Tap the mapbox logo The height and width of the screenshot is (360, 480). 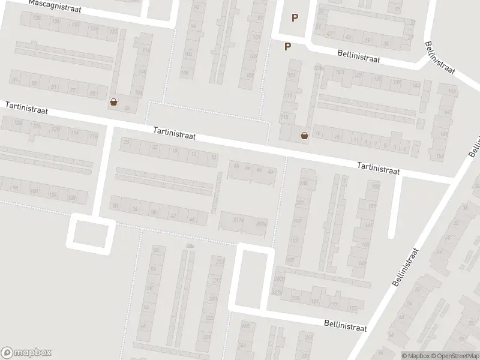(x=26, y=353)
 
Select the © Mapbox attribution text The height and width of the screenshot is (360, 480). (x=416, y=356)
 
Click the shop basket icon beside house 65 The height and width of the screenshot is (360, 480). (x=114, y=103)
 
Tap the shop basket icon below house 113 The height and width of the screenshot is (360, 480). (x=304, y=136)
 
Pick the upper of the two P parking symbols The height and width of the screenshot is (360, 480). (x=295, y=18)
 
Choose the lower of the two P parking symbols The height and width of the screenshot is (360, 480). (x=287, y=46)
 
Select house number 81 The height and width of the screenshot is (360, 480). (x=55, y=88)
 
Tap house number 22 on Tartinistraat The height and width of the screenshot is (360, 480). (x=154, y=146)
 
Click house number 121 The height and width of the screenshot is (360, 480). (x=292, y=76)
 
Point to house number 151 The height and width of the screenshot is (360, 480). (x=441, y=157)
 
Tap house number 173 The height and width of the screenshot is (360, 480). (x=352, y=308)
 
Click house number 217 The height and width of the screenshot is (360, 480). (x=217, y=281)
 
